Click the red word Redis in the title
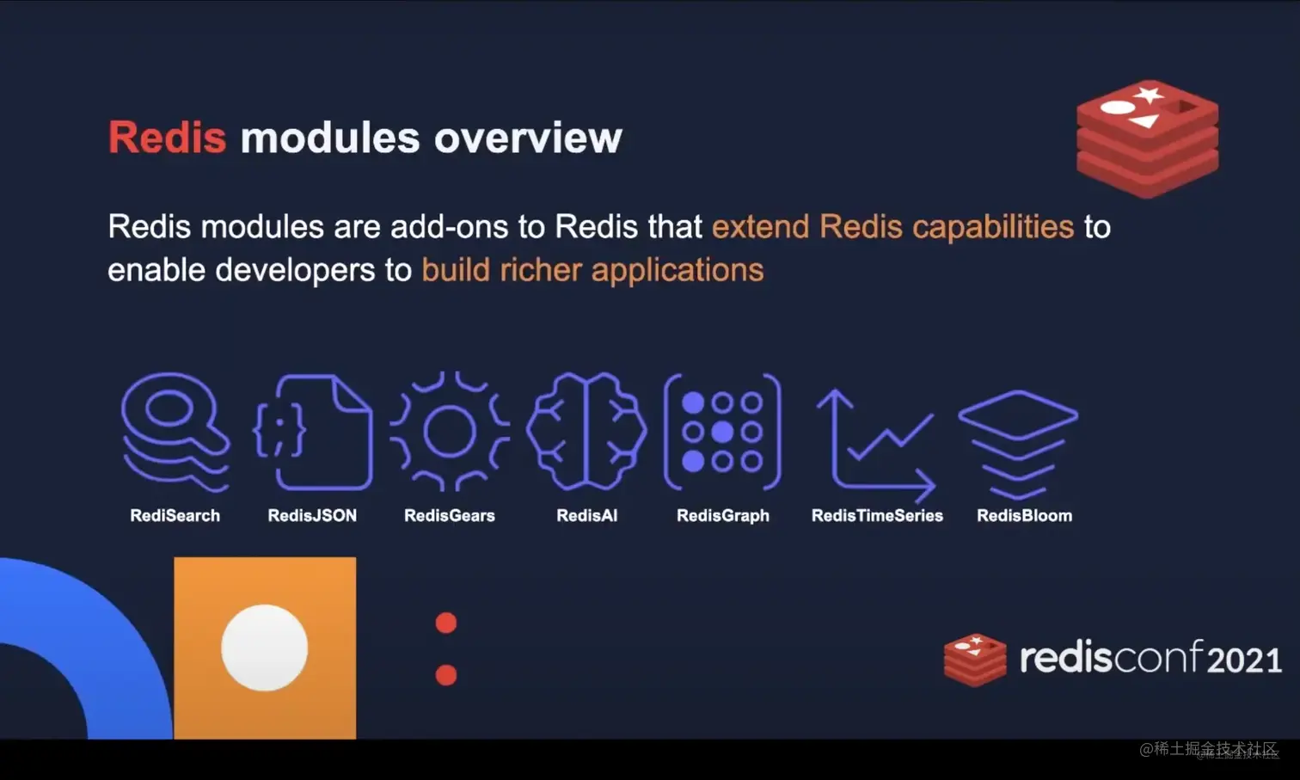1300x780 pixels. [167, 138]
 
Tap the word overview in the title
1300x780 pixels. [528, 138]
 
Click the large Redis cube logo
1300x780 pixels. [1147, 138]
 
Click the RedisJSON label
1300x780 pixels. [312, 515]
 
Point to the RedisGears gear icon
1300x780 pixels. [450, 432]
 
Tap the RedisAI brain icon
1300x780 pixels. [586, 432]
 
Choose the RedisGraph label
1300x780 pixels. [723, 516]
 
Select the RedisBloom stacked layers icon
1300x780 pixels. [1018, 445]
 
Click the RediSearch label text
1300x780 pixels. [175, 515]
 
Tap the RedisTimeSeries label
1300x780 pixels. [877, 515]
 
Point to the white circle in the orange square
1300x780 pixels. [265, 648]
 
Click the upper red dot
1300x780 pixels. [445, 623]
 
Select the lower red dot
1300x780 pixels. [445, 675]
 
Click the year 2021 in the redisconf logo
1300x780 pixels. [1244, 660]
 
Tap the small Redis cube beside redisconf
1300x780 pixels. [975, 660]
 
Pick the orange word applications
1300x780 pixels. [678, 271]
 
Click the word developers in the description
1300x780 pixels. [296, 271]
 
